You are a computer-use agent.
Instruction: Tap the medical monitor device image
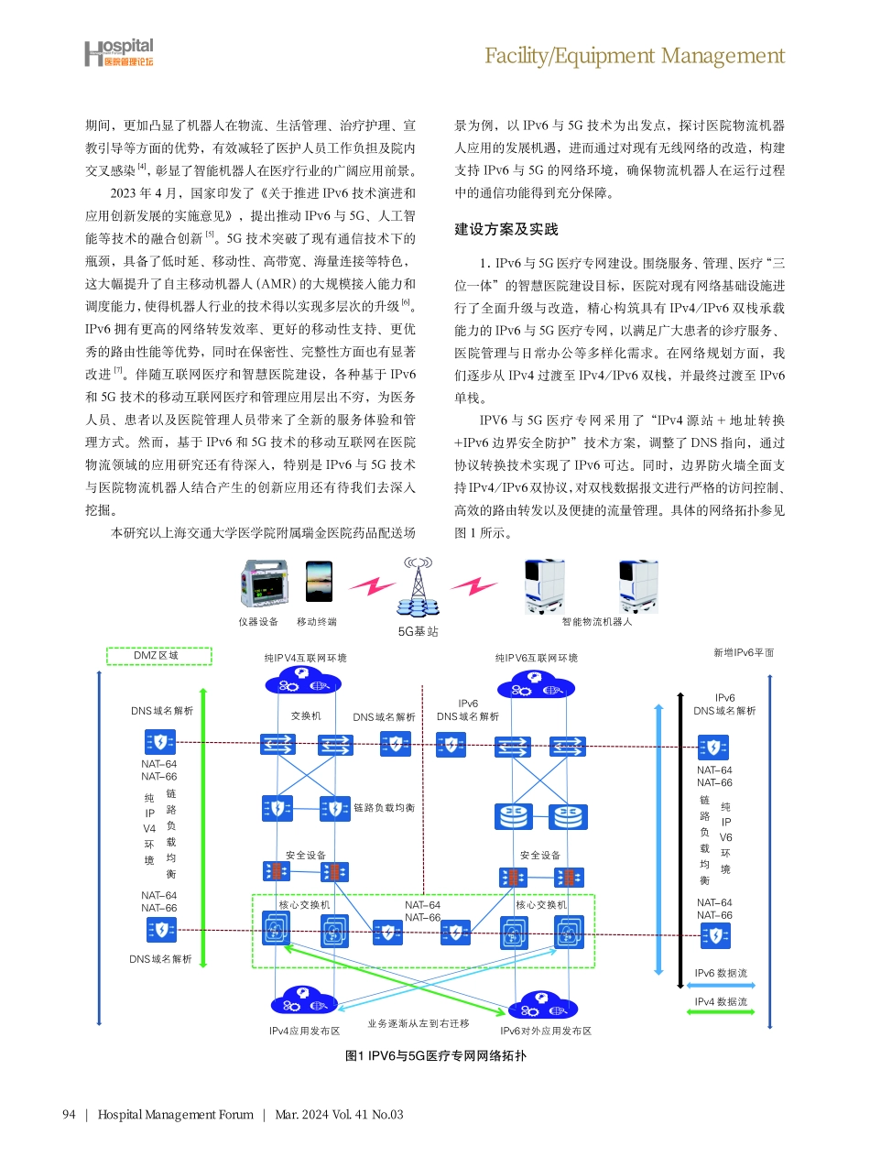tap(264, 586)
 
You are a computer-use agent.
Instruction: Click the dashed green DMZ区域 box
tap(159, 656)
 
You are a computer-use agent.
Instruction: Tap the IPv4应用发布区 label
tap(304, 1031)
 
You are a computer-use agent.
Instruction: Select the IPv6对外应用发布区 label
tap(546, 1031)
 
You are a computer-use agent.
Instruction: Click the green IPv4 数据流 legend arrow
tap(721, 1012)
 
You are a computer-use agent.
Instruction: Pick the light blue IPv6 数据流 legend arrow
tap(721, 985)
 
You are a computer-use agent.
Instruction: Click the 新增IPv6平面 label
tap(744, 652)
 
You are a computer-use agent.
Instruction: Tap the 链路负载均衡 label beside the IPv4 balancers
tap(385, 808)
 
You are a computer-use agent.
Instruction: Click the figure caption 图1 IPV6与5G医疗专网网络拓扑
tap(435, 1056)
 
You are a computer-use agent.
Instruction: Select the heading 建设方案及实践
tap(506, 229)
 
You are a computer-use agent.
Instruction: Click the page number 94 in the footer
tap(68, 1115)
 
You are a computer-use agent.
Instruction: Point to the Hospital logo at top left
tap(119, 53)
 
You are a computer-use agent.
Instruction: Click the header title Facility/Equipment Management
tap(634, 56)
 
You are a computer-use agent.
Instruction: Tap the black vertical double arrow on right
tap(680, 838)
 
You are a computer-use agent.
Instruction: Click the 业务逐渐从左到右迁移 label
tap(419, 1023)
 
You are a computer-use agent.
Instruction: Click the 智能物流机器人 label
tap(597, 622)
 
